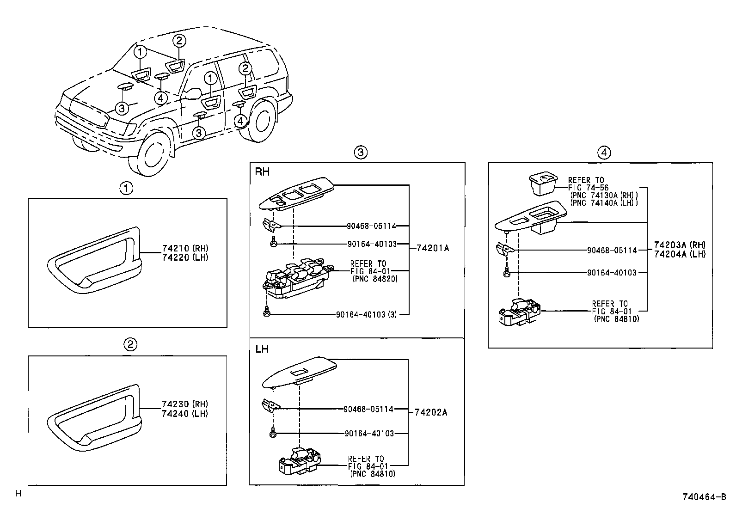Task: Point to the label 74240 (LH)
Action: click(185, 414)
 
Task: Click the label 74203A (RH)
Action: click(680, 245)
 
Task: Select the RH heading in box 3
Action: click(262, 172)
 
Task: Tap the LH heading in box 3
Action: click(262, 349)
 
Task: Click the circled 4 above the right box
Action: click(604, 152)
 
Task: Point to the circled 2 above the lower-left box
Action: click(130, 344)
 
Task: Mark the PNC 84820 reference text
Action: click(374, 279)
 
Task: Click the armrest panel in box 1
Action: click(92, 262)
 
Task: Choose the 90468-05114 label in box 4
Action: click(612, 250)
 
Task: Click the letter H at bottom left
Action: click(18, 493)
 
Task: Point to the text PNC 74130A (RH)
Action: click(603, 195)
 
